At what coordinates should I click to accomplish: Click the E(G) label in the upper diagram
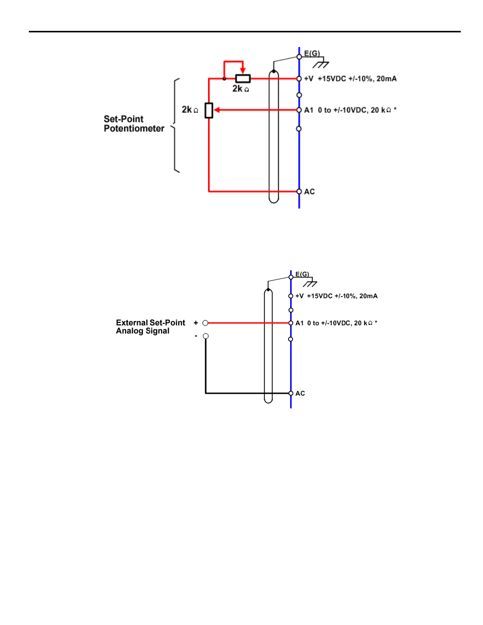[312, 53]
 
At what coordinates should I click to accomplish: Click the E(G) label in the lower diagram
[302, 274]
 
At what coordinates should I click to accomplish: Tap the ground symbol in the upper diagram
[320, 64]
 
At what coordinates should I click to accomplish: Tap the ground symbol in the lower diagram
[310, 283]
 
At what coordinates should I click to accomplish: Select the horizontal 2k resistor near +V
[243, 78]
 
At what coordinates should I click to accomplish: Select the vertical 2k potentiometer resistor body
[209, 110]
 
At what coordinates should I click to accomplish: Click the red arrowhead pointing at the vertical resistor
[217, 110]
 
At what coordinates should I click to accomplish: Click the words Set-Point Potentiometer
[134, 123]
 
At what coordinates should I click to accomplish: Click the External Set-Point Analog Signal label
[150, 326]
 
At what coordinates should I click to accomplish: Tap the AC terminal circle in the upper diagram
[299, 191]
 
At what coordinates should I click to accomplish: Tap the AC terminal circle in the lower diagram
[291, 393]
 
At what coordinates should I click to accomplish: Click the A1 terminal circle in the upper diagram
[299, 110]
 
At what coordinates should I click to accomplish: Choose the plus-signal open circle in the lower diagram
[206, 323]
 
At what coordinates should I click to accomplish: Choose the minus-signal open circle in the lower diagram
[206, 336]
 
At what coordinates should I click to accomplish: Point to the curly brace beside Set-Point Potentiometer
[175, 126]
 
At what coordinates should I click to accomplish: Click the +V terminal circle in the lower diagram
[291, 296]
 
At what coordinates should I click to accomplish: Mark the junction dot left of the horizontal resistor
[224, 78]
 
